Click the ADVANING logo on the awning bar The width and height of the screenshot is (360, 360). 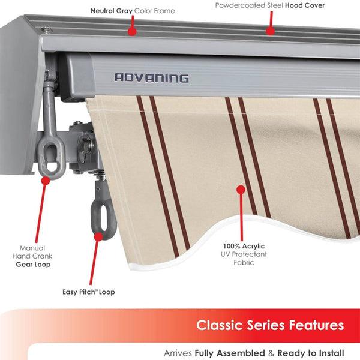click(x=151, y=77)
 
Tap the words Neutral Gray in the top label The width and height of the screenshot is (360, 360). click(x=111, y=11)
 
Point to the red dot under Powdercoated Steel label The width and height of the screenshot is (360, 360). click(x=270, y=30)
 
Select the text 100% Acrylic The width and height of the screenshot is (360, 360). click(x=244, y=246)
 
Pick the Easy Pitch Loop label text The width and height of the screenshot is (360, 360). click(x=88, y=292)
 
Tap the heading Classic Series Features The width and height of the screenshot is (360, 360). click(x=270, y=325)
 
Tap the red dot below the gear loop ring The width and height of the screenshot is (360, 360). click(x=45, y=179)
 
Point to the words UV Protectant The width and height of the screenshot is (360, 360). click(x=244, y=254)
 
